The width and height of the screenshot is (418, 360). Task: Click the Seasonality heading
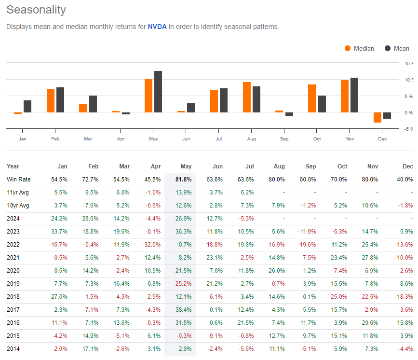click(x=36, y=10)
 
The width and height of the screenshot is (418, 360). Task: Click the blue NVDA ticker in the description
click(x=157, y=27)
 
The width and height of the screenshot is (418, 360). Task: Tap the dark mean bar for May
click(x=158, y=92)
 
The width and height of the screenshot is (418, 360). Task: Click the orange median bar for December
click(x=378, y=117)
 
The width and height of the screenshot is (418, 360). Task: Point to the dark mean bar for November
click(x=354, y=95)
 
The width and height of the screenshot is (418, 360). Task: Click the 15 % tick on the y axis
click(x=409, y=63)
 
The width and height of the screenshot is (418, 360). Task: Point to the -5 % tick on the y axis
click(x=408, y=129)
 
